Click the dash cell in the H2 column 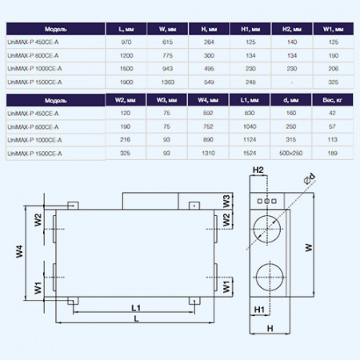coord(291,81)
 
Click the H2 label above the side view coord(258,170)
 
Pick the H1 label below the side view coord(259,307)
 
